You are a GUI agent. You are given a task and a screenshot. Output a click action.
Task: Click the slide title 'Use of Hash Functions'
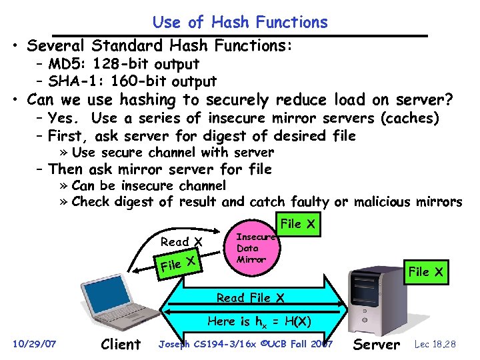coord(240,22)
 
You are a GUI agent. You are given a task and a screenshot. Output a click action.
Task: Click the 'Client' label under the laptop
coord(120,345)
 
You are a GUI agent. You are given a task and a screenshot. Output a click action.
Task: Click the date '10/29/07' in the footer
coord(35,344)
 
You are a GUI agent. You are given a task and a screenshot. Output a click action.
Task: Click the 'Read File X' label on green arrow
coord(251,298)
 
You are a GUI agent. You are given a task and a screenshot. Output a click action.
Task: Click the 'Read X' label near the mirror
coord(182,241)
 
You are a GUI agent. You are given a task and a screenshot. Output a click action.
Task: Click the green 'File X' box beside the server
coord(425,271)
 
